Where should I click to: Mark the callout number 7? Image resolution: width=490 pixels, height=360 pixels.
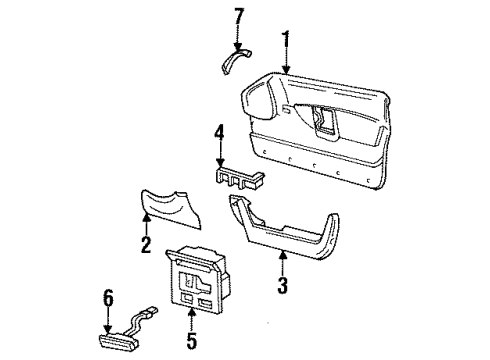pos(238,17)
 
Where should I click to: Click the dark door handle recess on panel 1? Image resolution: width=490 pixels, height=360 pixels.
pos(325,117)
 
